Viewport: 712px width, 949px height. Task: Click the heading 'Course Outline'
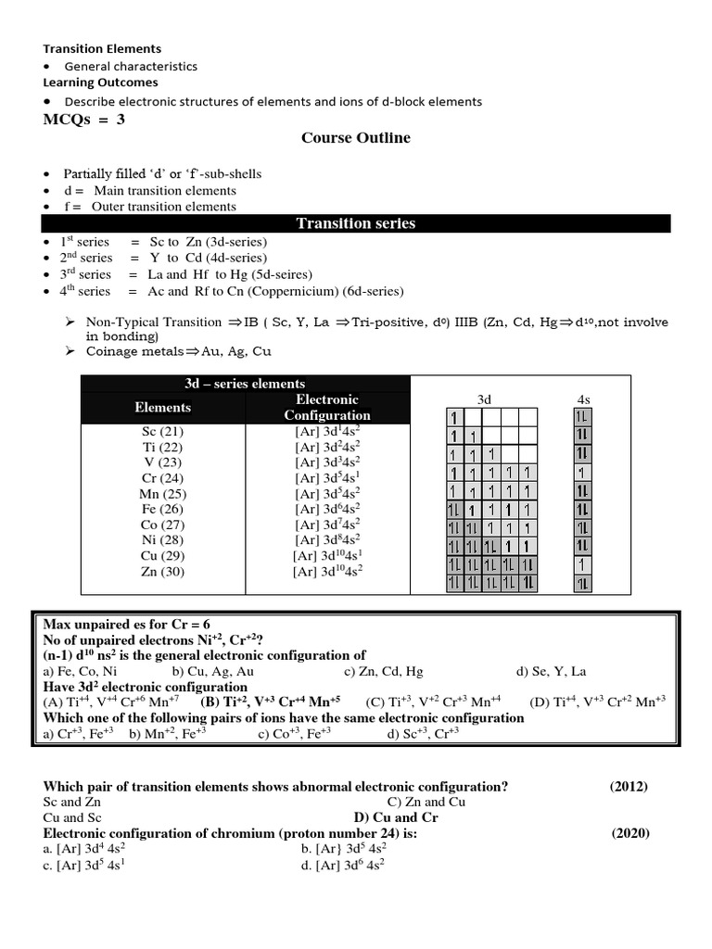[355, 138]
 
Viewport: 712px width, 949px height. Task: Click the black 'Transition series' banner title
[355, 223]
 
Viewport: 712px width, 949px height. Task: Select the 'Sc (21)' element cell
[162, 431]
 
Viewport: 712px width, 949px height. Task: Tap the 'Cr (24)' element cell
[162, 478]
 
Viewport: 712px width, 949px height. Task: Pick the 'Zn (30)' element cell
[162, 572]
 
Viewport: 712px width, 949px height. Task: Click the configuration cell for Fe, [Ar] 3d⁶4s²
[327, 509]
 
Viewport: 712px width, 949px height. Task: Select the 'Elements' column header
[162, 407]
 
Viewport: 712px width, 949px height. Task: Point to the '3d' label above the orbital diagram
[484, 399]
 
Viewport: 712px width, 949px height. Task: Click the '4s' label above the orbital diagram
[583, 399]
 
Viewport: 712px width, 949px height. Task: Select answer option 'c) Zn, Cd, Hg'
[383, 671]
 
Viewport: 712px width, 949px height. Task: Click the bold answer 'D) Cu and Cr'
[396, 817]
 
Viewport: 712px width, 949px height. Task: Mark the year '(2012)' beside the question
[629, 787]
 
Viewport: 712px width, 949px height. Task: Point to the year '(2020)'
[630, 832]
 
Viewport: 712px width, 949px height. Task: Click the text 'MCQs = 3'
[83, 120]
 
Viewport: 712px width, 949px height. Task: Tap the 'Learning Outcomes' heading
[89, 82]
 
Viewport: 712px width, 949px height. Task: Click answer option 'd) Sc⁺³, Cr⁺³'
[423, 734]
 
